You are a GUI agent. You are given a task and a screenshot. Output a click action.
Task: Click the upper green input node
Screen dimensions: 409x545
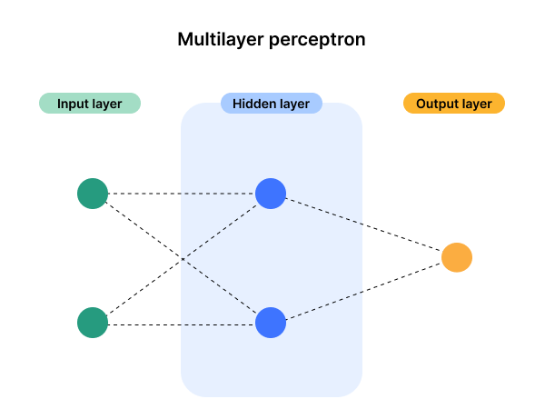[x=93, y=194]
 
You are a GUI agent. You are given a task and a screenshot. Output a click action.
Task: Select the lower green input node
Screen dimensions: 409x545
[x=93, y=323]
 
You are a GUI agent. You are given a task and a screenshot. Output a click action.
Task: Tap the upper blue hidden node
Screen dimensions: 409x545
[x=271, y=194]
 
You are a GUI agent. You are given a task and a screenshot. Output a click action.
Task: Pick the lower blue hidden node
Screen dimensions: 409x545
[x=271, y=323]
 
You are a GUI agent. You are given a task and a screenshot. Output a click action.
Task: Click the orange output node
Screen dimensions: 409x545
[x=457, y=258]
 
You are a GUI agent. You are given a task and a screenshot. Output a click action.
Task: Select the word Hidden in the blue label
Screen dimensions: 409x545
[x=253, y=104]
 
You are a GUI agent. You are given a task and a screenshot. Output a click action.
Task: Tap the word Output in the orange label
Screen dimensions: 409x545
[x=437, y=104]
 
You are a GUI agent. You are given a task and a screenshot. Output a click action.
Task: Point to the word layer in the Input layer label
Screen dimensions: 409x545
[x=107, y=104]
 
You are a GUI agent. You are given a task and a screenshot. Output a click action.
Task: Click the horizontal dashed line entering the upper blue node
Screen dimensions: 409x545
[x=218, y=194]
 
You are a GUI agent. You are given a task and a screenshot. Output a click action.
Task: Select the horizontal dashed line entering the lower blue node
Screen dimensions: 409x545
[x=218, y=324]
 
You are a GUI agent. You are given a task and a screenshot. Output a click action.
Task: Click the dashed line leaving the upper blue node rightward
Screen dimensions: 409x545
[x=324, y=210]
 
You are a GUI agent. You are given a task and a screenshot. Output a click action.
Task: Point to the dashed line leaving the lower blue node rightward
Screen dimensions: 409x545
[x=324, y=305]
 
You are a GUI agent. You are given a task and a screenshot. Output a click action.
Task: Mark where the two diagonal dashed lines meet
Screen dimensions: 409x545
[x=183, y=260]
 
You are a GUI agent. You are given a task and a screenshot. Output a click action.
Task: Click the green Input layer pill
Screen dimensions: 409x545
[x=90, y=104]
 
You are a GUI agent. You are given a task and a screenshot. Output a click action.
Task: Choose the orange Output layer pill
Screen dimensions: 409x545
[x=454, y=104]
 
